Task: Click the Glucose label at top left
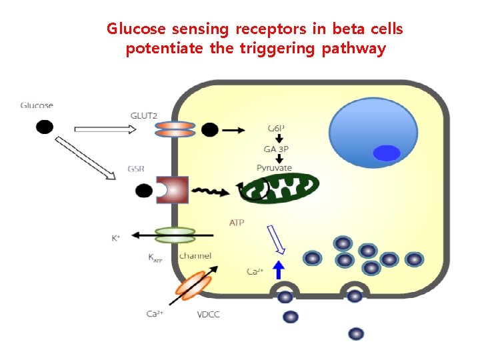pos(37,105)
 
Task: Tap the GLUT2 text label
pos(143,116)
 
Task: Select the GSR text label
pos(137,169)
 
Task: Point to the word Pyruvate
pos(274,168)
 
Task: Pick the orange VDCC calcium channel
pos(193,285)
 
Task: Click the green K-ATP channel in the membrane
pos(175,235)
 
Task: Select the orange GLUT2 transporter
pos(176,129)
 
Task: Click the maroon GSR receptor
pos(172,191)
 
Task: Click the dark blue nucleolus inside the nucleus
pos(385,153)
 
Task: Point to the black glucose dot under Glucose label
pos(44,126)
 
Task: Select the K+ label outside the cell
pos(116,237)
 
